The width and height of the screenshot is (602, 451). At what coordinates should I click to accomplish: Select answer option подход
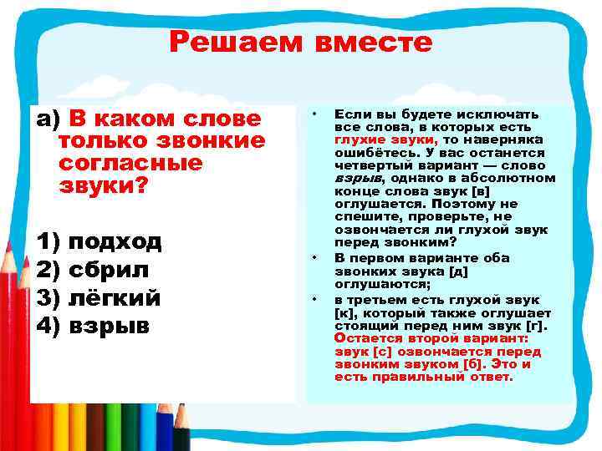tap(115, 242)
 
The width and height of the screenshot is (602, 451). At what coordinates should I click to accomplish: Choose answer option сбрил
tap(109, 270)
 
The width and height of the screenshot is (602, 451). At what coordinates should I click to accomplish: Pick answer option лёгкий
tap(114, 297)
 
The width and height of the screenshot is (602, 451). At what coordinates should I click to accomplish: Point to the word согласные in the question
tap(131, 163)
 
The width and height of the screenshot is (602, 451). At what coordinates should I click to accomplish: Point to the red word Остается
tap(365, 339)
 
